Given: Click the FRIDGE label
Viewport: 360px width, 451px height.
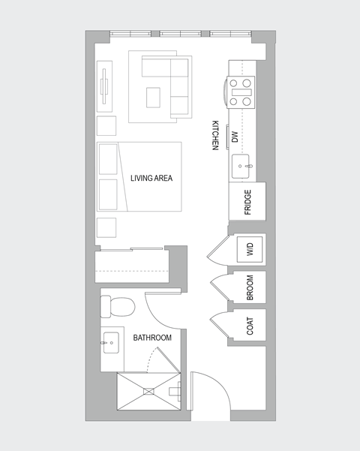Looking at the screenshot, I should pos(247,203).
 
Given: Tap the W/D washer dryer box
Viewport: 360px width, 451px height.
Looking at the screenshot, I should pos(250,249).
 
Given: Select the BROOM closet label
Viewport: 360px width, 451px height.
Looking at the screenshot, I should pos(250,288).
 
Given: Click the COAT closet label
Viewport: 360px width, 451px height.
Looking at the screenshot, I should pos(250,326).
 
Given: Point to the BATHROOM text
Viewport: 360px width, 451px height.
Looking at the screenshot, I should pos(152,338).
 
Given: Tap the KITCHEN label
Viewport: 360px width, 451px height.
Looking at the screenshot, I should pos(214,136).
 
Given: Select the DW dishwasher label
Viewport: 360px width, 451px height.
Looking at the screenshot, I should pos(235,137).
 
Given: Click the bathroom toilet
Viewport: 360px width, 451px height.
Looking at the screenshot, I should pos(118,306).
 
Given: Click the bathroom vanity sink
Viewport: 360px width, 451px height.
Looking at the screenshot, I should pos(110,344).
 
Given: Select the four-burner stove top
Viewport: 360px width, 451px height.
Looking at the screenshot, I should pos(241,92).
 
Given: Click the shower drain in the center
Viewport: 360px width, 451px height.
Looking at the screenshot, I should pos(149,390).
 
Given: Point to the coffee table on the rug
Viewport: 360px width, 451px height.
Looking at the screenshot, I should pos(154,98).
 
